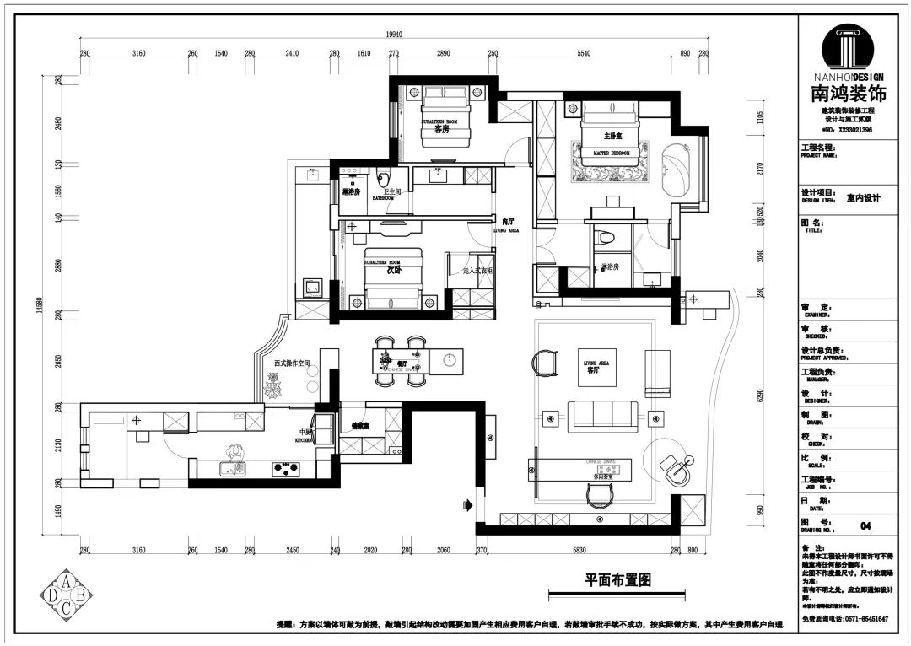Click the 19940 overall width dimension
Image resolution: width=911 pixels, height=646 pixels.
tap(393, 35)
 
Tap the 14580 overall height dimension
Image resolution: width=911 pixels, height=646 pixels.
tap(39, 304)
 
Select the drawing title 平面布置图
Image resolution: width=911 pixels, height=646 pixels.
tap(618, 580)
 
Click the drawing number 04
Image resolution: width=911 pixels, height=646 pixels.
tap(865, 525)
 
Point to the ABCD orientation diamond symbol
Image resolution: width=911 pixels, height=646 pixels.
tap(66, 595)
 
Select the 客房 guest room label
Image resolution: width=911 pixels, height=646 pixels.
tap(441, 129)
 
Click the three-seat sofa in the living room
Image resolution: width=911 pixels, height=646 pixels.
tap(602, 415)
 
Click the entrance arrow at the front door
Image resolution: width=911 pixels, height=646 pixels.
tap(466, 506)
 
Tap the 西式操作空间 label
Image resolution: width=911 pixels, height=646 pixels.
tap(292, 363)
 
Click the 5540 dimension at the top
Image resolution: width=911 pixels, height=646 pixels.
tap(584, 53)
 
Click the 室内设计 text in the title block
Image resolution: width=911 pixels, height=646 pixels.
tap(863, 198)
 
